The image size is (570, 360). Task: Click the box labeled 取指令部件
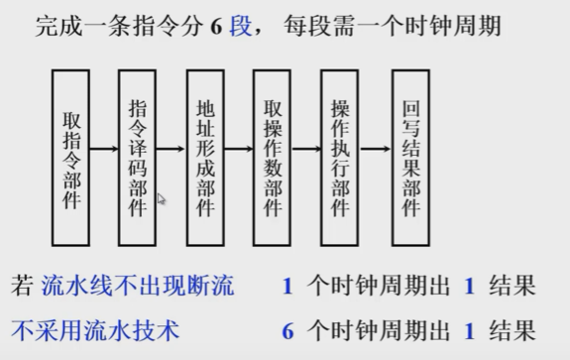click(72, 158)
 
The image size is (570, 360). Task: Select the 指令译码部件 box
click(137, 158)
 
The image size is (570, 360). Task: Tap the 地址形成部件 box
click(205, 158)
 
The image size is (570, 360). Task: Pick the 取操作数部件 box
click(273, 158)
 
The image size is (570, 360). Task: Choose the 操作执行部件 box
click(340, 158)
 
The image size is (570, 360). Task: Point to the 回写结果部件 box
click(410, 158)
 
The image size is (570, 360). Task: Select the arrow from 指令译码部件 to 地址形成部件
click(171, 150)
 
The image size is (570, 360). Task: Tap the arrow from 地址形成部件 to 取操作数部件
click(239, 150)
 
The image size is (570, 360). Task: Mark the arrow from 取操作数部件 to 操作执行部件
click(306, 150)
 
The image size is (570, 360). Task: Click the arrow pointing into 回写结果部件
click(375, 150)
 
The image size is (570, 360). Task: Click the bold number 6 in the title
click(215, 27)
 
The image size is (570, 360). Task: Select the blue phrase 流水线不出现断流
click(138, 287)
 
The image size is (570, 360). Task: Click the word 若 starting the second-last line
click(23, 287)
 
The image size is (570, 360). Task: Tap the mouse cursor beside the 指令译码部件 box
click(161, 198)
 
